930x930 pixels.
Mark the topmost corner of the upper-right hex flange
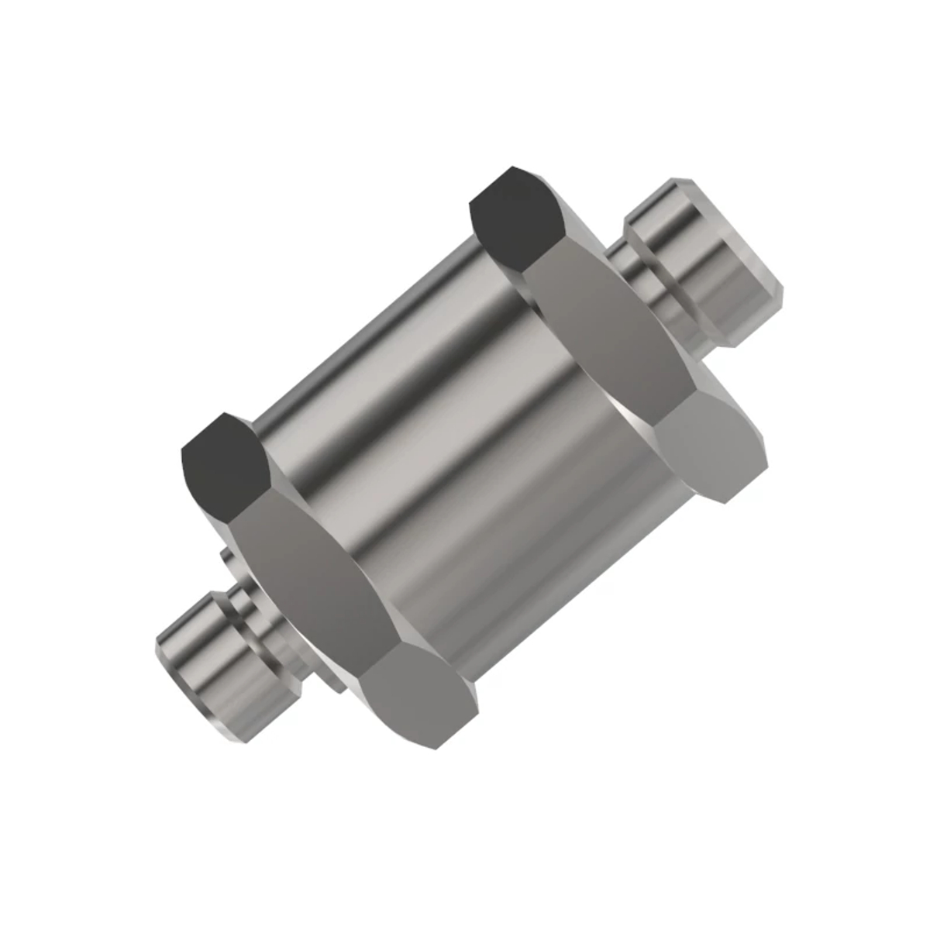pos(511,167)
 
